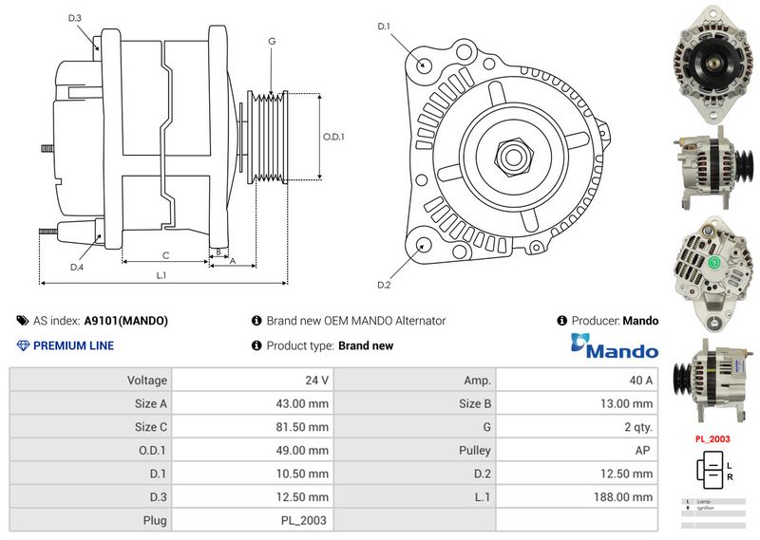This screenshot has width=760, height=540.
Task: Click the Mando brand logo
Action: point(614,347)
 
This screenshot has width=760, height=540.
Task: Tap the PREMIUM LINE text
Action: point(73,346)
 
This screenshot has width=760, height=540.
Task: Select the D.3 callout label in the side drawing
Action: point(76,19)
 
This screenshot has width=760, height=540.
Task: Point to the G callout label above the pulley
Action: point(272,41)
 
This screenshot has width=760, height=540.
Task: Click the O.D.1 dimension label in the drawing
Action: point(333,137)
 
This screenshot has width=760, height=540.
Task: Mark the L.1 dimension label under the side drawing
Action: point(161,275)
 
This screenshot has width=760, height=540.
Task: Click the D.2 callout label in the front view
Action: point(384,285)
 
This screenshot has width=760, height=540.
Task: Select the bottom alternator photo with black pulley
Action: point(713,380)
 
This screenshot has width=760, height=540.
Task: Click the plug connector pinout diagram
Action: point(713,469)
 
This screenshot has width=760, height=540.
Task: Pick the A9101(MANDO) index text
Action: point(126,321)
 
